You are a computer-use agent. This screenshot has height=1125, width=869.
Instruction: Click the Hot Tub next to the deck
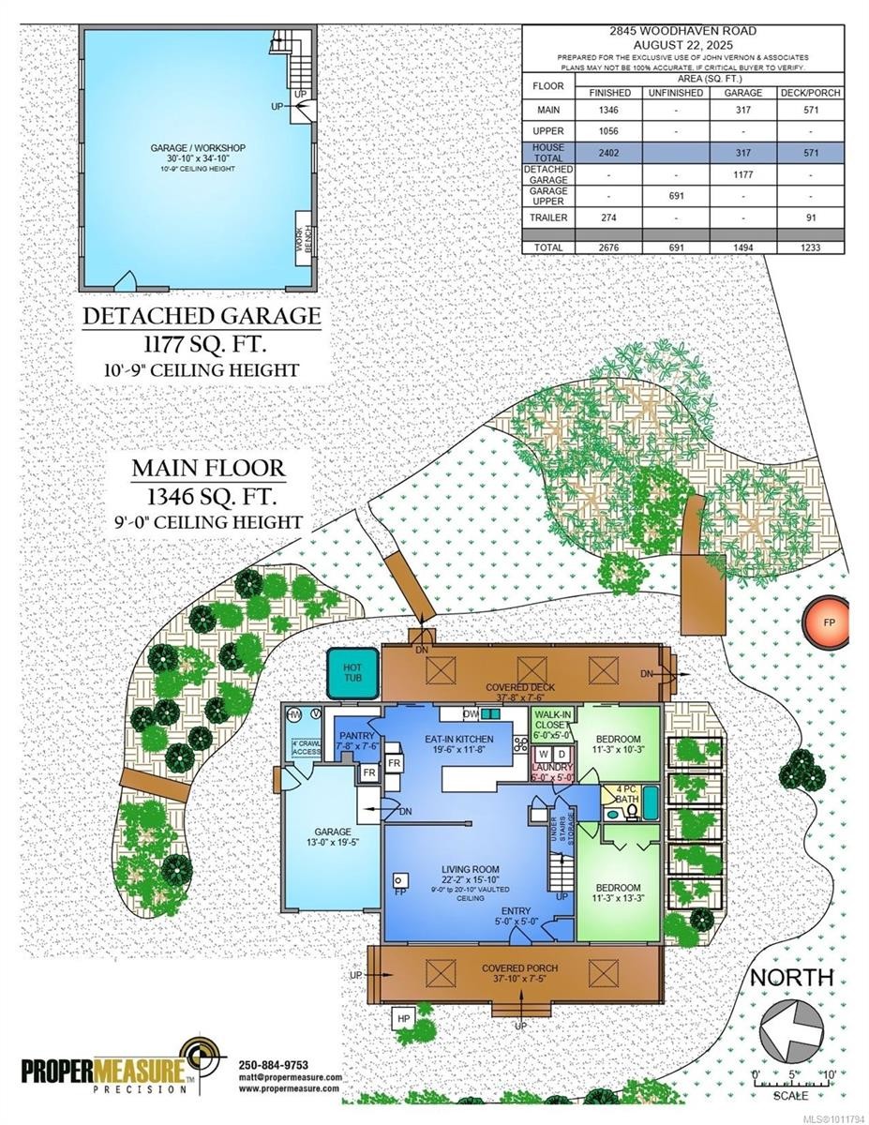pos(352,672)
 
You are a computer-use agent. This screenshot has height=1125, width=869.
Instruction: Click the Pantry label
pos(357,742)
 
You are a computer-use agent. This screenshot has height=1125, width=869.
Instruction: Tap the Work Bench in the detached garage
pos(302,241)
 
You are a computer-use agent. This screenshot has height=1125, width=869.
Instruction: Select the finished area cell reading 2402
pos(608,153)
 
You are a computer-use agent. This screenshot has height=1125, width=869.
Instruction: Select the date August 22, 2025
pos(684,43)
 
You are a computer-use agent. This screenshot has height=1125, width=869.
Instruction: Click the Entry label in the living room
pos(517,911)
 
